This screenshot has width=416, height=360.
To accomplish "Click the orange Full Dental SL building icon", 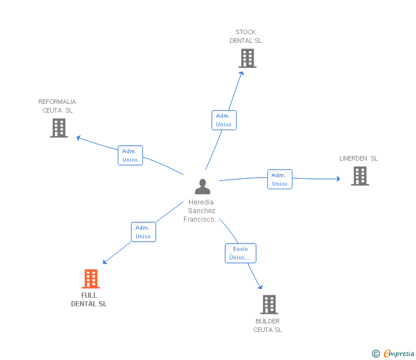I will pos(90,279).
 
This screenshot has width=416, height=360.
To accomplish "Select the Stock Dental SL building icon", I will pos(247,58).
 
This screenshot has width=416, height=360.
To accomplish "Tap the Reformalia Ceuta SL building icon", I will pos(59,128).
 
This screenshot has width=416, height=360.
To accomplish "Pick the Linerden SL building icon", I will pos(360,176).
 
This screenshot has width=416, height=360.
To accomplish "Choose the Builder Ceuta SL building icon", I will pos(269,305).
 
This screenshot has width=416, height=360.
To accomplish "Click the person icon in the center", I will pos(202,187).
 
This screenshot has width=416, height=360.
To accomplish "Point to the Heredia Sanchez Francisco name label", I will pos(201,211).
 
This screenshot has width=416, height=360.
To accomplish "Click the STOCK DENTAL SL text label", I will pos(246,37).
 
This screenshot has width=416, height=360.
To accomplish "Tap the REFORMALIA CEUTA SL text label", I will pos(57,106).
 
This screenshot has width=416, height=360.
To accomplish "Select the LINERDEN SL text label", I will pos(358,158).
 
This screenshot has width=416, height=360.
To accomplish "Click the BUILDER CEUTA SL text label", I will pos(267,326).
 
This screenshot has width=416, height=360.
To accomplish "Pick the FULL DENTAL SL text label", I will pos(89,299).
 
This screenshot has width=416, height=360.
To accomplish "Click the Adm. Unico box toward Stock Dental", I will pos(223,120).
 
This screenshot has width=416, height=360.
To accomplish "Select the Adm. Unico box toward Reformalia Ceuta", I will pos(130,155).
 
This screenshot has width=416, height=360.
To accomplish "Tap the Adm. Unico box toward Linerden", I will pos(279,179).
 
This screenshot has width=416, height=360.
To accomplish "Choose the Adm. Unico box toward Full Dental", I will pos(143,232).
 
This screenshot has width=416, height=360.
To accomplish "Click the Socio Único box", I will pos(240,253).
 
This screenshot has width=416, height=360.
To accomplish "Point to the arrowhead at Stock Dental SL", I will pos(242,73).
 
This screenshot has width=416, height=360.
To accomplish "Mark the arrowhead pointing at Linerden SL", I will pos(338,179).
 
